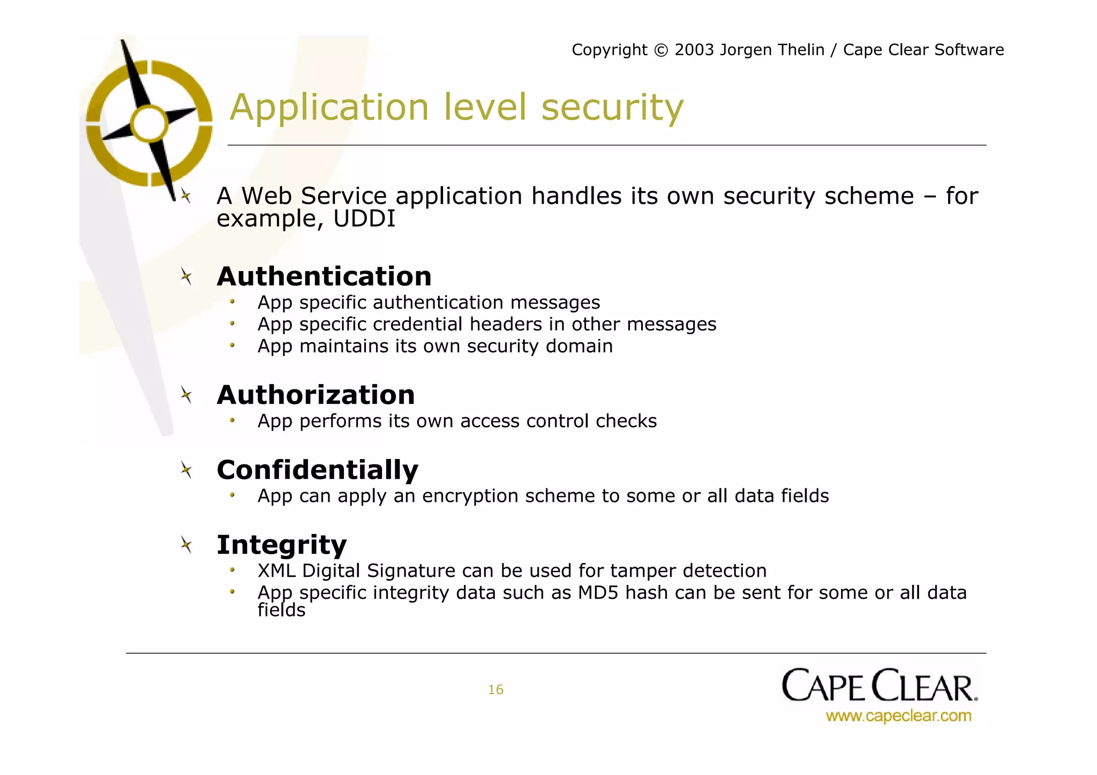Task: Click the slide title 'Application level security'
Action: [456, 108]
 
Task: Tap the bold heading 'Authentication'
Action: [324, 277]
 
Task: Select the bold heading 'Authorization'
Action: [315, 395]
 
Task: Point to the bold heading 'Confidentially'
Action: [317, 470]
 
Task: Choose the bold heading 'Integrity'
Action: [281, 545]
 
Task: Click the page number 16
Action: [495, 690]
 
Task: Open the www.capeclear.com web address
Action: [898, 716]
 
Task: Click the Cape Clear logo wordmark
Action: [879, 686]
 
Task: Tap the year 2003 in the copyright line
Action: [694, 50]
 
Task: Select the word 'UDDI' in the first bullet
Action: [364, 219]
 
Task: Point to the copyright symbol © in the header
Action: [661, 50]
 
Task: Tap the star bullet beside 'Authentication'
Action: [186, 277]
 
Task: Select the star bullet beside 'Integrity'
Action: [186, 545]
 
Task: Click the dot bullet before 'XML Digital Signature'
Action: [232, 570]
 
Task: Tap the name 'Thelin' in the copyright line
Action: [801, 50]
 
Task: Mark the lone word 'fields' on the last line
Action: [281, 611]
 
